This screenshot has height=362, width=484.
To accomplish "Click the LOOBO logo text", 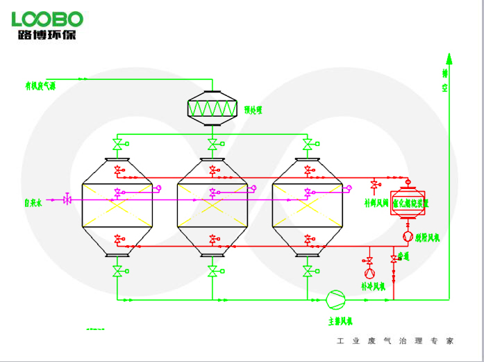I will tap(47, 18).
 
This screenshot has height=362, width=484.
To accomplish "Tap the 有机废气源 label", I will tap(41, 86).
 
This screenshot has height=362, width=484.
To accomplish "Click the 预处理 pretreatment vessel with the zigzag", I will tap(212, 108).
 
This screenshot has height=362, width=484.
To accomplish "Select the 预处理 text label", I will tap(253, 110).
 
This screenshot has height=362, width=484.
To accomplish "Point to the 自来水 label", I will tap(33, 204).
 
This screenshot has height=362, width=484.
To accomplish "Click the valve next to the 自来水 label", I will tap(67, 199).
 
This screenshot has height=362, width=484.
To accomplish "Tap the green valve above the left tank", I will tap(117, 145).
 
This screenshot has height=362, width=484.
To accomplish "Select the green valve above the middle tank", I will tap(212, 145).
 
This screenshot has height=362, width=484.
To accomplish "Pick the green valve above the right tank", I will tap(307, 145).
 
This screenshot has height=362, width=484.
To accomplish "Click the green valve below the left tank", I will tap(117, 270).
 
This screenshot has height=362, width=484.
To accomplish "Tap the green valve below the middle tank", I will tap(212, 270).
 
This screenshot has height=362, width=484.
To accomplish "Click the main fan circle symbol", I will tap(335, 299).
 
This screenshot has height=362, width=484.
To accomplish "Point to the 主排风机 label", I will tap(341, 320).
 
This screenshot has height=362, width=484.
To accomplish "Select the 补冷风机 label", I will tap(372, 286).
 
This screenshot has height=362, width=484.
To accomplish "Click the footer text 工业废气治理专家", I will tap(394, 341).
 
